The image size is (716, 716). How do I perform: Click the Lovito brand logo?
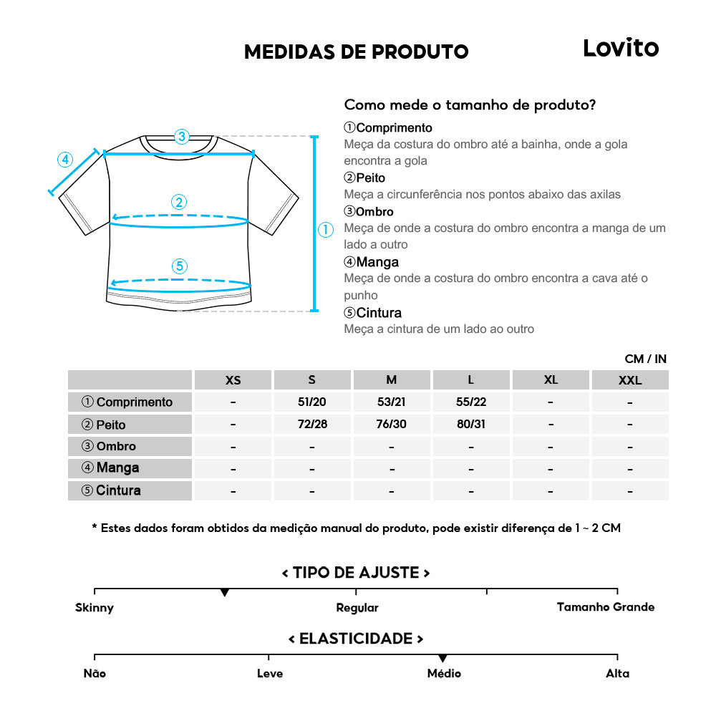[620, 48]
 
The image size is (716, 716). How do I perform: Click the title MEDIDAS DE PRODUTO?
[356, 52]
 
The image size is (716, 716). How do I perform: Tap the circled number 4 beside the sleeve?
[65, 160]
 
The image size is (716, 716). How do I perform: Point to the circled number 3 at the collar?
[182, 136]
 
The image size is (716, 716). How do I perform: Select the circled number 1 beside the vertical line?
[326, 230]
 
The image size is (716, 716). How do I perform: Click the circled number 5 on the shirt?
[180, 266]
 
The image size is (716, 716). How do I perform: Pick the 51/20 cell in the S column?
[312, 402]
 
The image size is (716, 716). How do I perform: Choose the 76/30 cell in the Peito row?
[391, 424]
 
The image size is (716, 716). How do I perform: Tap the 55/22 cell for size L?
[471, 402]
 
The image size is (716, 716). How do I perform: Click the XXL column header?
[630, 380]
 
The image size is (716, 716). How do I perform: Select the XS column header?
[233, 380]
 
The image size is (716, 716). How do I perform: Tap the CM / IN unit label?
[645, 359]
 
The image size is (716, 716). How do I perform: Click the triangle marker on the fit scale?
[225, 593]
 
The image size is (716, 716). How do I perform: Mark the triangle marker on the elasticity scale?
[442, 658]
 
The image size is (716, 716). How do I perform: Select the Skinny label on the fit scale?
[95, 608]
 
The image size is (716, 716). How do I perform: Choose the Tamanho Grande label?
[606, 607]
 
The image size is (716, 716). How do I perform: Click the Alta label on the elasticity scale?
[618, 673]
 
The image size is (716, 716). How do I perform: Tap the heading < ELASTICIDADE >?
[356, 638]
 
